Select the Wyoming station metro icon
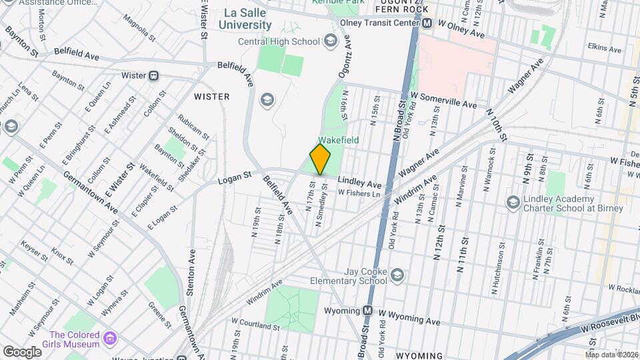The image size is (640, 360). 367,311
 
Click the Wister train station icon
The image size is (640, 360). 154,75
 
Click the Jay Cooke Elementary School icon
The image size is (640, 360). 397,275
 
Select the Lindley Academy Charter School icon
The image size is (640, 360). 513,201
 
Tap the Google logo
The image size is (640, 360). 22,351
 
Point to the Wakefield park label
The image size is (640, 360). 338,140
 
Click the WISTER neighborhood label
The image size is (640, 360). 211,97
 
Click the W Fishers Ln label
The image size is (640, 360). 358,193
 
